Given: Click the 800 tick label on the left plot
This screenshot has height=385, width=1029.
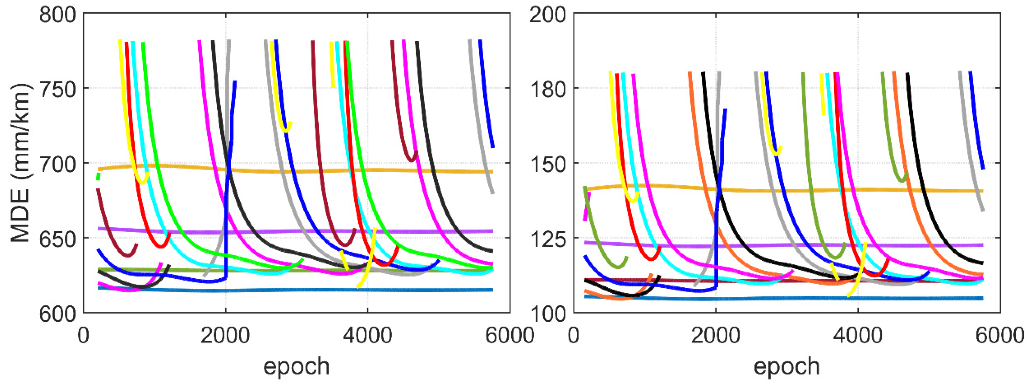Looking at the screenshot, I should [58, 15].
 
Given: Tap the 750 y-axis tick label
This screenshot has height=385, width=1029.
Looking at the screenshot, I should [58, 89].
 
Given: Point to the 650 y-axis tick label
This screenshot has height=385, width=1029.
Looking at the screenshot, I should [58, 239].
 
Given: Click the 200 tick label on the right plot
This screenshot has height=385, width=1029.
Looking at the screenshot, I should [548, 15].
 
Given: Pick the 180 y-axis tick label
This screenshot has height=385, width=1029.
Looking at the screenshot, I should [548, 89].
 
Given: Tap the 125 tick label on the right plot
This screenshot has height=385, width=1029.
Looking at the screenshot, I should [548, 239].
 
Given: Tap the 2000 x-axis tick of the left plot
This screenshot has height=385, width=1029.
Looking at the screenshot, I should [225, 335].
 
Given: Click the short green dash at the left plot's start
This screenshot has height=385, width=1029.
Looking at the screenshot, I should [99, 176].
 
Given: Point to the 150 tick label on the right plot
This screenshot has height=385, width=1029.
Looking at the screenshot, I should [548, 164].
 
